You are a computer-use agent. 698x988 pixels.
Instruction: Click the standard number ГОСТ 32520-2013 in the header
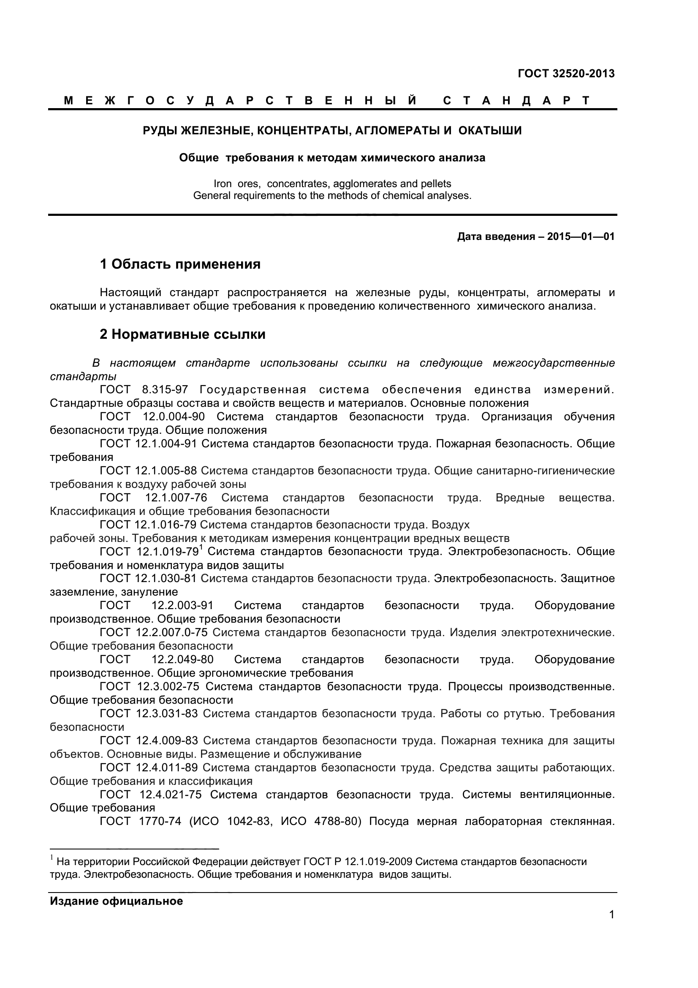pyautogui.click(x=566, y=73)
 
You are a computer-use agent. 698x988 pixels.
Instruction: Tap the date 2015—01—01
pyautogui.click(x=581, y=237)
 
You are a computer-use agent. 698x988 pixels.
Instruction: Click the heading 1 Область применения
pyautogui.click(x=180, y=264)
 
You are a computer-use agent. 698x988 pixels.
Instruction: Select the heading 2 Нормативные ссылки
pyautogui.click(x=182, y=335)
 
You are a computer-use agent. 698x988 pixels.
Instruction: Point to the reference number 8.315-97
pyautogui.click(x=165, y=390)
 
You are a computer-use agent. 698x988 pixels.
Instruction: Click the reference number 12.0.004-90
pyautogui.click(x=174, y=416)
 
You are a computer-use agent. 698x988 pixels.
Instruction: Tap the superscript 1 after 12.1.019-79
pyautogui.click(x=201, y=548)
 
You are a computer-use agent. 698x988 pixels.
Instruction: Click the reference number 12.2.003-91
pyautogui.click(x=182, y=605)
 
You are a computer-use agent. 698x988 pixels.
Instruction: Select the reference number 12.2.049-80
pyautogui.click(x=182, y=660)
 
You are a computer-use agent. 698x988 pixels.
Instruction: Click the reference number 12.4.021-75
pyautogui.click(x=170, y=795)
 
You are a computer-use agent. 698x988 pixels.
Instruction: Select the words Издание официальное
pyautogui.click(x=116, y=901)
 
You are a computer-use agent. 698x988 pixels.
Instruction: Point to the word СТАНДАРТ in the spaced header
pyautogui.click(x=516, y=101)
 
